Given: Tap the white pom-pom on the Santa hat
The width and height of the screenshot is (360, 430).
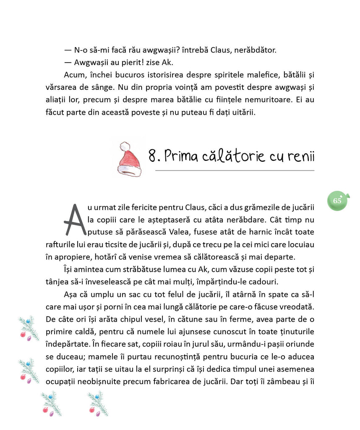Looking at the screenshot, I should pyautogui.click(x=125, y=147).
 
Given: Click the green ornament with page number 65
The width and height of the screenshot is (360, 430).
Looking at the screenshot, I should pyautogui.click(x=338, y=201).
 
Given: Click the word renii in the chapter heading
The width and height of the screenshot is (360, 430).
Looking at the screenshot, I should pyautogui.click(x=301, y=156).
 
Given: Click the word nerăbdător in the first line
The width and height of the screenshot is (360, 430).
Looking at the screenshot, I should pyautogui.click(x=255, y=50).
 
